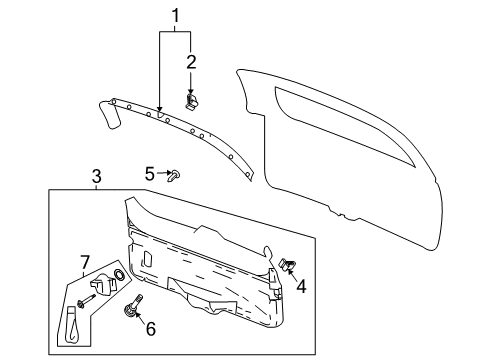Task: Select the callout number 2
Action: [x=190, y=62]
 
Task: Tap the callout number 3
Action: [x=97, y=177]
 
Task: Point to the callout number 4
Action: [x=299, y=285]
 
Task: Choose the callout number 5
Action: [x=149, y=173]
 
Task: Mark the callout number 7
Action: [x=85, y=263]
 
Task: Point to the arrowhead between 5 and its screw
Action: [x=166, y=174]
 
